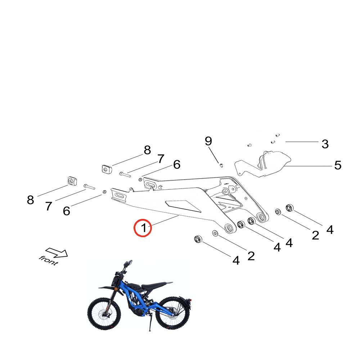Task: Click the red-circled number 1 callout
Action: click(x=143, y=228)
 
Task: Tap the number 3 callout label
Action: click(x=325, y=144)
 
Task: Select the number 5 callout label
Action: click(x=338, y=165)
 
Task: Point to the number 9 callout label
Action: click(x=208, y=141)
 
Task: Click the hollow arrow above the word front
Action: click(x=57, y=253)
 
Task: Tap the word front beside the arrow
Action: click(x=49, y=260)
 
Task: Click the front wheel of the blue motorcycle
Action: click(x=104, y=314)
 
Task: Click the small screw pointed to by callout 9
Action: click(x=221, y=165)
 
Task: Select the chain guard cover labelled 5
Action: click(x=263, y=165)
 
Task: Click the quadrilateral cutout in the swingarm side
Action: click(x=183, y=206)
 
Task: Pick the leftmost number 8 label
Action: click(x=30, y=200)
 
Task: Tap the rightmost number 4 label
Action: click(x=330, y=230)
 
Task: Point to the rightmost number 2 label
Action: click(x=315, y=235)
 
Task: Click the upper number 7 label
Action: click(x=161, y=159)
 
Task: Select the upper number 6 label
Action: click(x=177, y=165)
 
